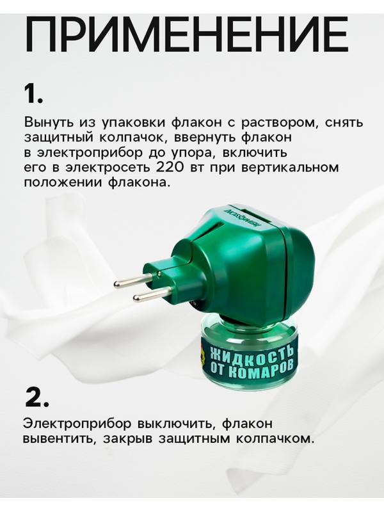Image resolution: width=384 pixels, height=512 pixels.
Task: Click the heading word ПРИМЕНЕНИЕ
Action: [x=186, y=35]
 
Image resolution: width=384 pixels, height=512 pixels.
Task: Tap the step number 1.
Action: [x=33, y=93]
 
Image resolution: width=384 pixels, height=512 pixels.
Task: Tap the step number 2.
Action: [x=36, y=397]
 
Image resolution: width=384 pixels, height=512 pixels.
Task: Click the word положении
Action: [x=61, y=183]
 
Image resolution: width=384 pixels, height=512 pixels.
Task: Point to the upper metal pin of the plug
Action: [x=134, y=281]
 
